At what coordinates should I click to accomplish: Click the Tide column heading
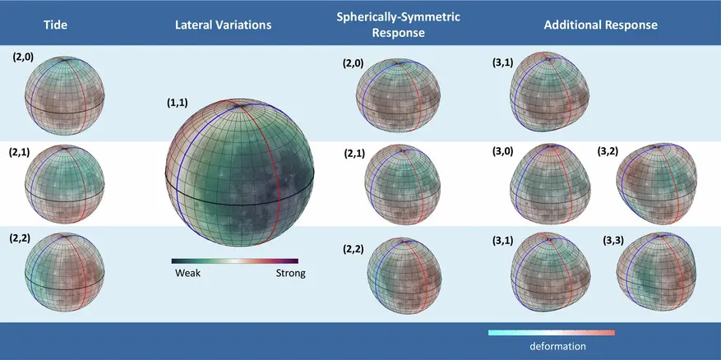pyautogui.click(x=54, y=25)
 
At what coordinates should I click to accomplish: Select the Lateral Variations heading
pyautogui.click(x=223, y=25)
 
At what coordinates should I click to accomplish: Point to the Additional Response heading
pyautogui.click(x=600, y=25)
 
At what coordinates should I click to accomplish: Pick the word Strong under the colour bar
pyautogui.click(x=289, y=273)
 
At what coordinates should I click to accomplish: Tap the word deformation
pyautogui.click(x=557, y=346)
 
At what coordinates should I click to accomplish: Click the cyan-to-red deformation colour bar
pyautogui.click(x=551, y=333)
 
